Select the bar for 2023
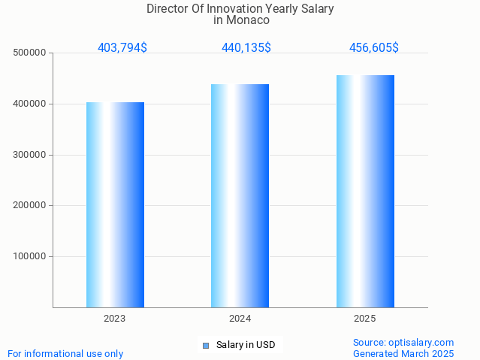click(x=115, y=204)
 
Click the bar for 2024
click(x=240, y=195)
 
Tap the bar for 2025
click(x=365, y=191)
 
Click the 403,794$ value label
click(x=122, y=48)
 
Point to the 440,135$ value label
click(x=246, y=48)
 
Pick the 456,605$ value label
click(x=373, y=48)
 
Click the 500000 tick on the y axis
click(x=30, y=53)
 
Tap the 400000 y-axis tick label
click(x=30, y=104)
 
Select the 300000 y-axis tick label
click(x=30, y=155)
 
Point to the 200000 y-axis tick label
click(x=30, y=205)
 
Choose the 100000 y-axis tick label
click(x=30, y=256)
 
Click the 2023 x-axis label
click(x=115, y=319)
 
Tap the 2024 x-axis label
click(x=240, y=319)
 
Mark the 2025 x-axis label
click(x=365, y=319)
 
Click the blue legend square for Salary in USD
click(x=205, y=346)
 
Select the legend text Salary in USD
click(x=246, y=346)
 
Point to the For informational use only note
click(x=65, y=353)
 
